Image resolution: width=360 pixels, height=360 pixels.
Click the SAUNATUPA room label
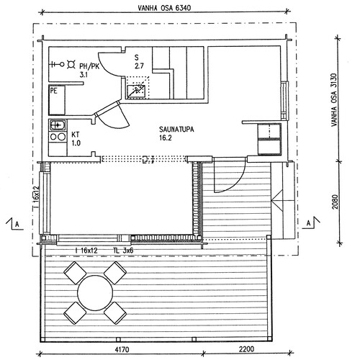[x=176, y=130]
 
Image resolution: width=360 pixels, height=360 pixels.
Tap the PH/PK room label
[x=89, y=66]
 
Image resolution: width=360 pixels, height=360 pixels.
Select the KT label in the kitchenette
[x=76, y=135]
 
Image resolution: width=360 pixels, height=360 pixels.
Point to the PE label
[x=54, y=91]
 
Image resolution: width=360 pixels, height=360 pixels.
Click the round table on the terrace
[x=95, y=292]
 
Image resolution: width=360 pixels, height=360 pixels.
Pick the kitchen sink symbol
[x=58, y=125]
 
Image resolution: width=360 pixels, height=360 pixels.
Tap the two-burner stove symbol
[x=58, y=137]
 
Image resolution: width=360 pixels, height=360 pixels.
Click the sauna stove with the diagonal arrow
[x=136, y=91]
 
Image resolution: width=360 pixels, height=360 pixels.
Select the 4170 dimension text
[x=122, y=349]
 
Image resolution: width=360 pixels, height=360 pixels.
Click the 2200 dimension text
[x=247, y=348]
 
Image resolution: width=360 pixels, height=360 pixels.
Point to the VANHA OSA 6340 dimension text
[x=164, y=8]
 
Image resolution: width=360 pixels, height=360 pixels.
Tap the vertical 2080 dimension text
[x=335, y=202]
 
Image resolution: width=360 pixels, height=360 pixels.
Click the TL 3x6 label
[x=123, y=251]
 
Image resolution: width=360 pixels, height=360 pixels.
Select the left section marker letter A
[x=17, y=225]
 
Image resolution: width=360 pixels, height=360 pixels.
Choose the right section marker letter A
[x=309, y=223]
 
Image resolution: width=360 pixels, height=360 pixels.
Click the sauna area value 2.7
[x=139, y=66]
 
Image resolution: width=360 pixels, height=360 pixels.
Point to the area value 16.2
[x=165, y=138]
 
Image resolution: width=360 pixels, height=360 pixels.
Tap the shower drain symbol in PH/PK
[x=71, y=64]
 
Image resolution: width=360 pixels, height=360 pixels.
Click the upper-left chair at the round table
[x=75, y=273]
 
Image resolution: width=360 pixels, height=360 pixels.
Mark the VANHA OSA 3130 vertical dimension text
[x=334, y=100]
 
